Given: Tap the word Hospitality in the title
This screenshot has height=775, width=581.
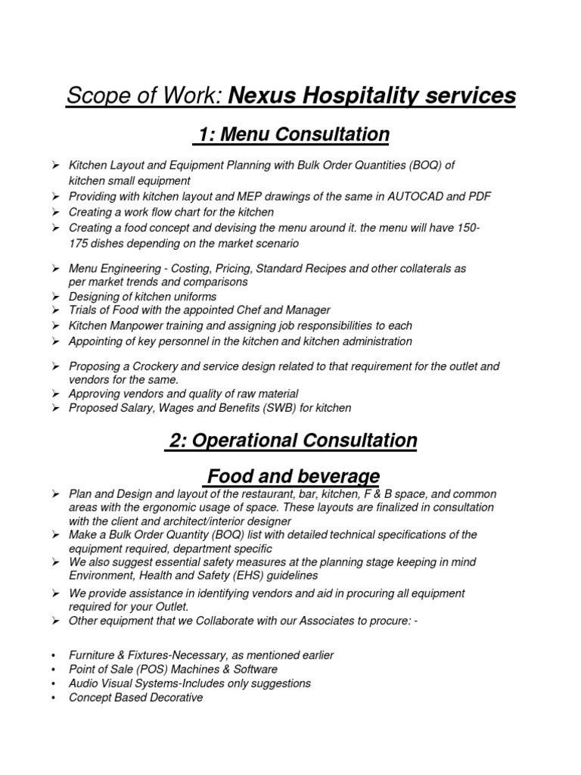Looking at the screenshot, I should pyautogui.click(x=360, y=96).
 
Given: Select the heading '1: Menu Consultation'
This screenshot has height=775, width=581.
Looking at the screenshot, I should pyautogui.click(x=293, y=135).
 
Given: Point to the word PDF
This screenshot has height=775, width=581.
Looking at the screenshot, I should pyautogui.click(x=479, y=196).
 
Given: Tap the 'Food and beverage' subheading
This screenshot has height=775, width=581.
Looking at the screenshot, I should pyautogui.click(x=293, y=476).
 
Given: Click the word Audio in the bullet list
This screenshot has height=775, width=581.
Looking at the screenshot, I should pyautogui.click(x=84, y=683).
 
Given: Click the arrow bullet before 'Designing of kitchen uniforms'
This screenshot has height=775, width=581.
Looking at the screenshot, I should pyautogui.click(x=55, y=296).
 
